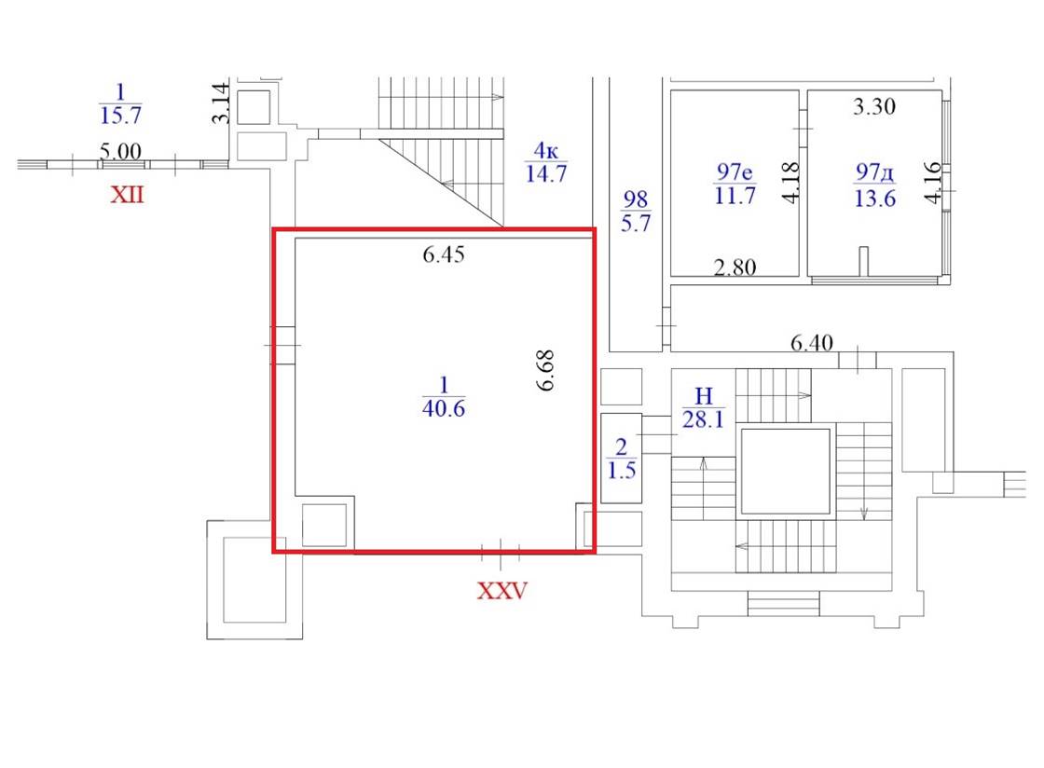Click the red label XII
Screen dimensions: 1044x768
pyautogui.click(x=127, y=195)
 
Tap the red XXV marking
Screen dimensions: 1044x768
pyautogui.click(x=502, y=590)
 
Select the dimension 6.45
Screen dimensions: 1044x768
pyautogui.click(x=444, y=254)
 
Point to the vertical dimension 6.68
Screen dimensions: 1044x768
pyautogui.click(x=545, y=371)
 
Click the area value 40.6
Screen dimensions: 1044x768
pyautogui.click(x=444, y=408)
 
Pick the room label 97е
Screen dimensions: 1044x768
pyautogui.click(x=735, y=171)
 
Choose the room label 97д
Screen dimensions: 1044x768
pyautogui.click(x=875, y=172)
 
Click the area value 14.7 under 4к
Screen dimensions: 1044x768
pyautogui.click(x=546, y=173)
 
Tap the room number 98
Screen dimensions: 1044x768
pyautogui.click(x=635, y=199)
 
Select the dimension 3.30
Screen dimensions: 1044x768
pyautogui.click(x=874, y=106)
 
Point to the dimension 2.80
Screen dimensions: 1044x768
pyautogui.click(x=735, y=267)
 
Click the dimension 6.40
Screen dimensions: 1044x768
pyautogui.click(x=812, y=343)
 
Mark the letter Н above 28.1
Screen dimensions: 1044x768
pyautogui.click(x=704, y=396)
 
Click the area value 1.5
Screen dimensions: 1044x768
pyautogui.click(x=621, y=471)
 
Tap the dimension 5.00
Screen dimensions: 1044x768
pyautogui.click(x=120, y=151)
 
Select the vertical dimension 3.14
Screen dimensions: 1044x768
pyautogui.click(x=221, y=103)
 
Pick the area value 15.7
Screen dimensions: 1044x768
pyautogui.click(x=120, y=116)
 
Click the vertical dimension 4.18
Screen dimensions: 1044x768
pyautogui.click(x=790, y=183)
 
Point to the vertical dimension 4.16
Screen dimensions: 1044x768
pyautogui.click(x=933, y=183)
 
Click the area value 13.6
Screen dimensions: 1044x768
pyautogui.click(x=875, y=199)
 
